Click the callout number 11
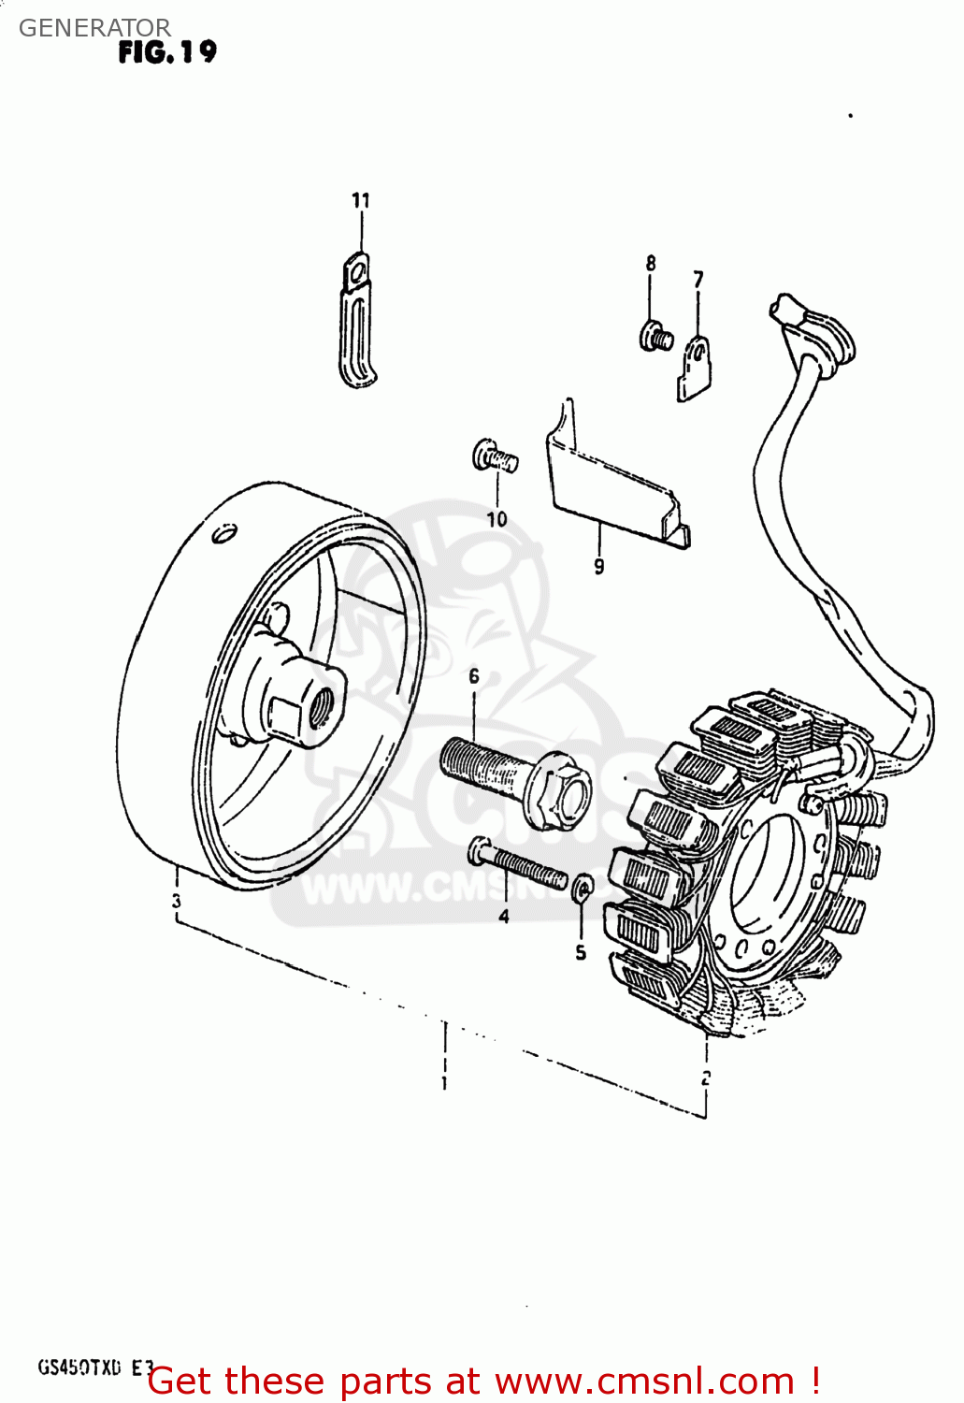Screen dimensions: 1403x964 tap(361, 200)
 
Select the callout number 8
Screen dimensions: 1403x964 tap(651, 264)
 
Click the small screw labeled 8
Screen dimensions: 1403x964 tap(655, 335)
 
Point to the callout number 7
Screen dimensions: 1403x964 tap(698, 279)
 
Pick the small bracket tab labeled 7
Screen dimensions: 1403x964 tap(695, 369)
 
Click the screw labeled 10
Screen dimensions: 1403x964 tap(495, 456)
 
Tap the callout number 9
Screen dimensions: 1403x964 tap(598, 565)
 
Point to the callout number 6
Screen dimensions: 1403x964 tap(474, 675)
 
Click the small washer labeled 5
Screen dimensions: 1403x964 tap(581, 886)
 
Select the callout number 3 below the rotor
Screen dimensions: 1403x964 tap(176, 902)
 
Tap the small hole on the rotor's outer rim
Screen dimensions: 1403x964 tap(224, 533)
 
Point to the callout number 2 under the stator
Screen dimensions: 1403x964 tap(706, 1077)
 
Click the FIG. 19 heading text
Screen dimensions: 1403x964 tap(167, 51)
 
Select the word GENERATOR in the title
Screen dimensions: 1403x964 tap(94, 28)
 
